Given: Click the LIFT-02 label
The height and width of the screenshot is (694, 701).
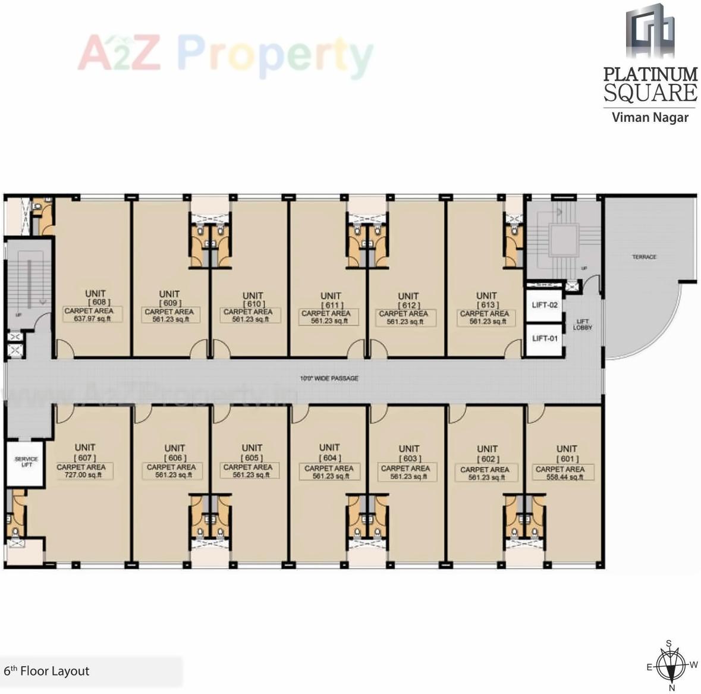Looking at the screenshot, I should (545, 305).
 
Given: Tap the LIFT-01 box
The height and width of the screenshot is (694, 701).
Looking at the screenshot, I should (545, 338).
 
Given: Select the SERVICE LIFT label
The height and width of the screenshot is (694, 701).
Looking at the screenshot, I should (26, 461).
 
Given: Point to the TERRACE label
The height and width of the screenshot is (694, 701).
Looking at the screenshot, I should (644, 257).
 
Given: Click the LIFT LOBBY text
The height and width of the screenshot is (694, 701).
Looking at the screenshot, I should (582, 324).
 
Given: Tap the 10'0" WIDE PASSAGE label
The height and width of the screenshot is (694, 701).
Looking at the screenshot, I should (329, 378).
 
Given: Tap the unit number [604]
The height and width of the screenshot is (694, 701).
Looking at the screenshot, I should (329, 458).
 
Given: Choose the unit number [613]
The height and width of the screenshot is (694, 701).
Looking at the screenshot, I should (487, 305).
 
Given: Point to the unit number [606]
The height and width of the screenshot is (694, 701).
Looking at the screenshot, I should (175, 458).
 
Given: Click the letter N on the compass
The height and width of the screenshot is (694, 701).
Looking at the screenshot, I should (672, 687).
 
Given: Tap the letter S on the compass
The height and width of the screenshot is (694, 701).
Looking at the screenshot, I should (669, 643).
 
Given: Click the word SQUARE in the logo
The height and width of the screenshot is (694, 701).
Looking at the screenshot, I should (650, 93).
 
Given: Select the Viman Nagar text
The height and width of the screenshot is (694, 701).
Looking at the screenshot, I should (650, 117).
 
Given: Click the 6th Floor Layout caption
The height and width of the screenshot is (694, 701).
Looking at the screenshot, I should (46, 671).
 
